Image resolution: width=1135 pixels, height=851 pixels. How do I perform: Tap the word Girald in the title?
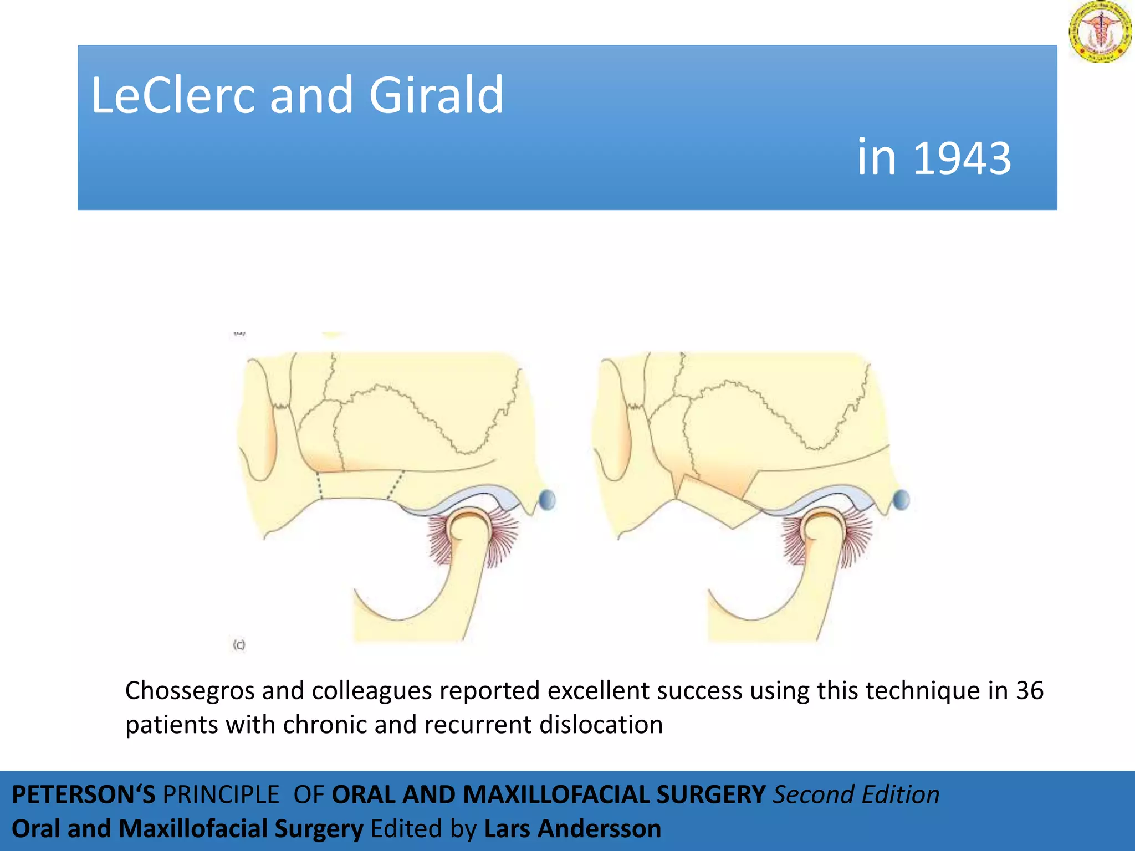click(436, 95)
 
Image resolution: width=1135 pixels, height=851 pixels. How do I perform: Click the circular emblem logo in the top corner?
click(1100, 32)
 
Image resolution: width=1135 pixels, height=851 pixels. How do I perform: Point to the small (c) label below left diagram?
click(239, 644)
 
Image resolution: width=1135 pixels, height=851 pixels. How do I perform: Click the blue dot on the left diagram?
click(547, 500)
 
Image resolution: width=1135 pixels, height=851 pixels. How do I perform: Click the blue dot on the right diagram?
click(901, 500)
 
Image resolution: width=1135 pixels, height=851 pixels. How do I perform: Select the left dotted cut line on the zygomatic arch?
click(319, 485)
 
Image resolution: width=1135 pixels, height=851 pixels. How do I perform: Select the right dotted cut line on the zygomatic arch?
click(395, 484)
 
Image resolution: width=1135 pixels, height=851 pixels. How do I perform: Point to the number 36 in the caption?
click(1029, 691)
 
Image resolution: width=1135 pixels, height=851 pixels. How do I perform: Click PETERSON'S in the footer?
click(83, 794)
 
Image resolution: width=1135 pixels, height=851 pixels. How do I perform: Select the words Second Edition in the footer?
click(856, 794)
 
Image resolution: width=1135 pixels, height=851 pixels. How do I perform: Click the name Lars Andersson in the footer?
click(572, 829)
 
